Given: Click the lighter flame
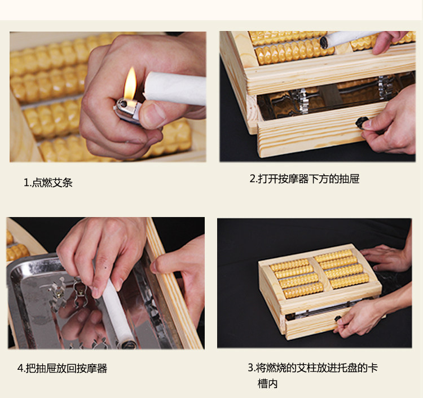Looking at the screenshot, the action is tap(130, 83).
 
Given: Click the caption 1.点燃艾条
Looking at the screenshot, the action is tap(48, 183).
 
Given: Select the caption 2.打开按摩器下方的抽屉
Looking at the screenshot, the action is tap(305, 179).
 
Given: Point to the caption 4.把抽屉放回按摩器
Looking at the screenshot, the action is tap(62, 368).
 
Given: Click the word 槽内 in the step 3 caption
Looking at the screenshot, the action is tap(267, 383).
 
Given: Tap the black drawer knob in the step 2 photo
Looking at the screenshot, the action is tap(362, 122).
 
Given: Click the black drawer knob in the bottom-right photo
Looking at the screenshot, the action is tap(338, 319).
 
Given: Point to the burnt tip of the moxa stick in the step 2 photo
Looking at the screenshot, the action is tap(324, 42).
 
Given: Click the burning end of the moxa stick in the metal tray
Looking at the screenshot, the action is tap(129, 344).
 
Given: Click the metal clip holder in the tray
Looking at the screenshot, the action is tap(80, 293).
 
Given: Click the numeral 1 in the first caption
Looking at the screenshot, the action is tap(27, 183).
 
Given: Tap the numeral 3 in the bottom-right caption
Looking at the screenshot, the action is tap(250, 368).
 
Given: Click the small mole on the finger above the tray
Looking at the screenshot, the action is tap(105, 268).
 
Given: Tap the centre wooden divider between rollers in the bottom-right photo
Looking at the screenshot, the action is tap(320, 273).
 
